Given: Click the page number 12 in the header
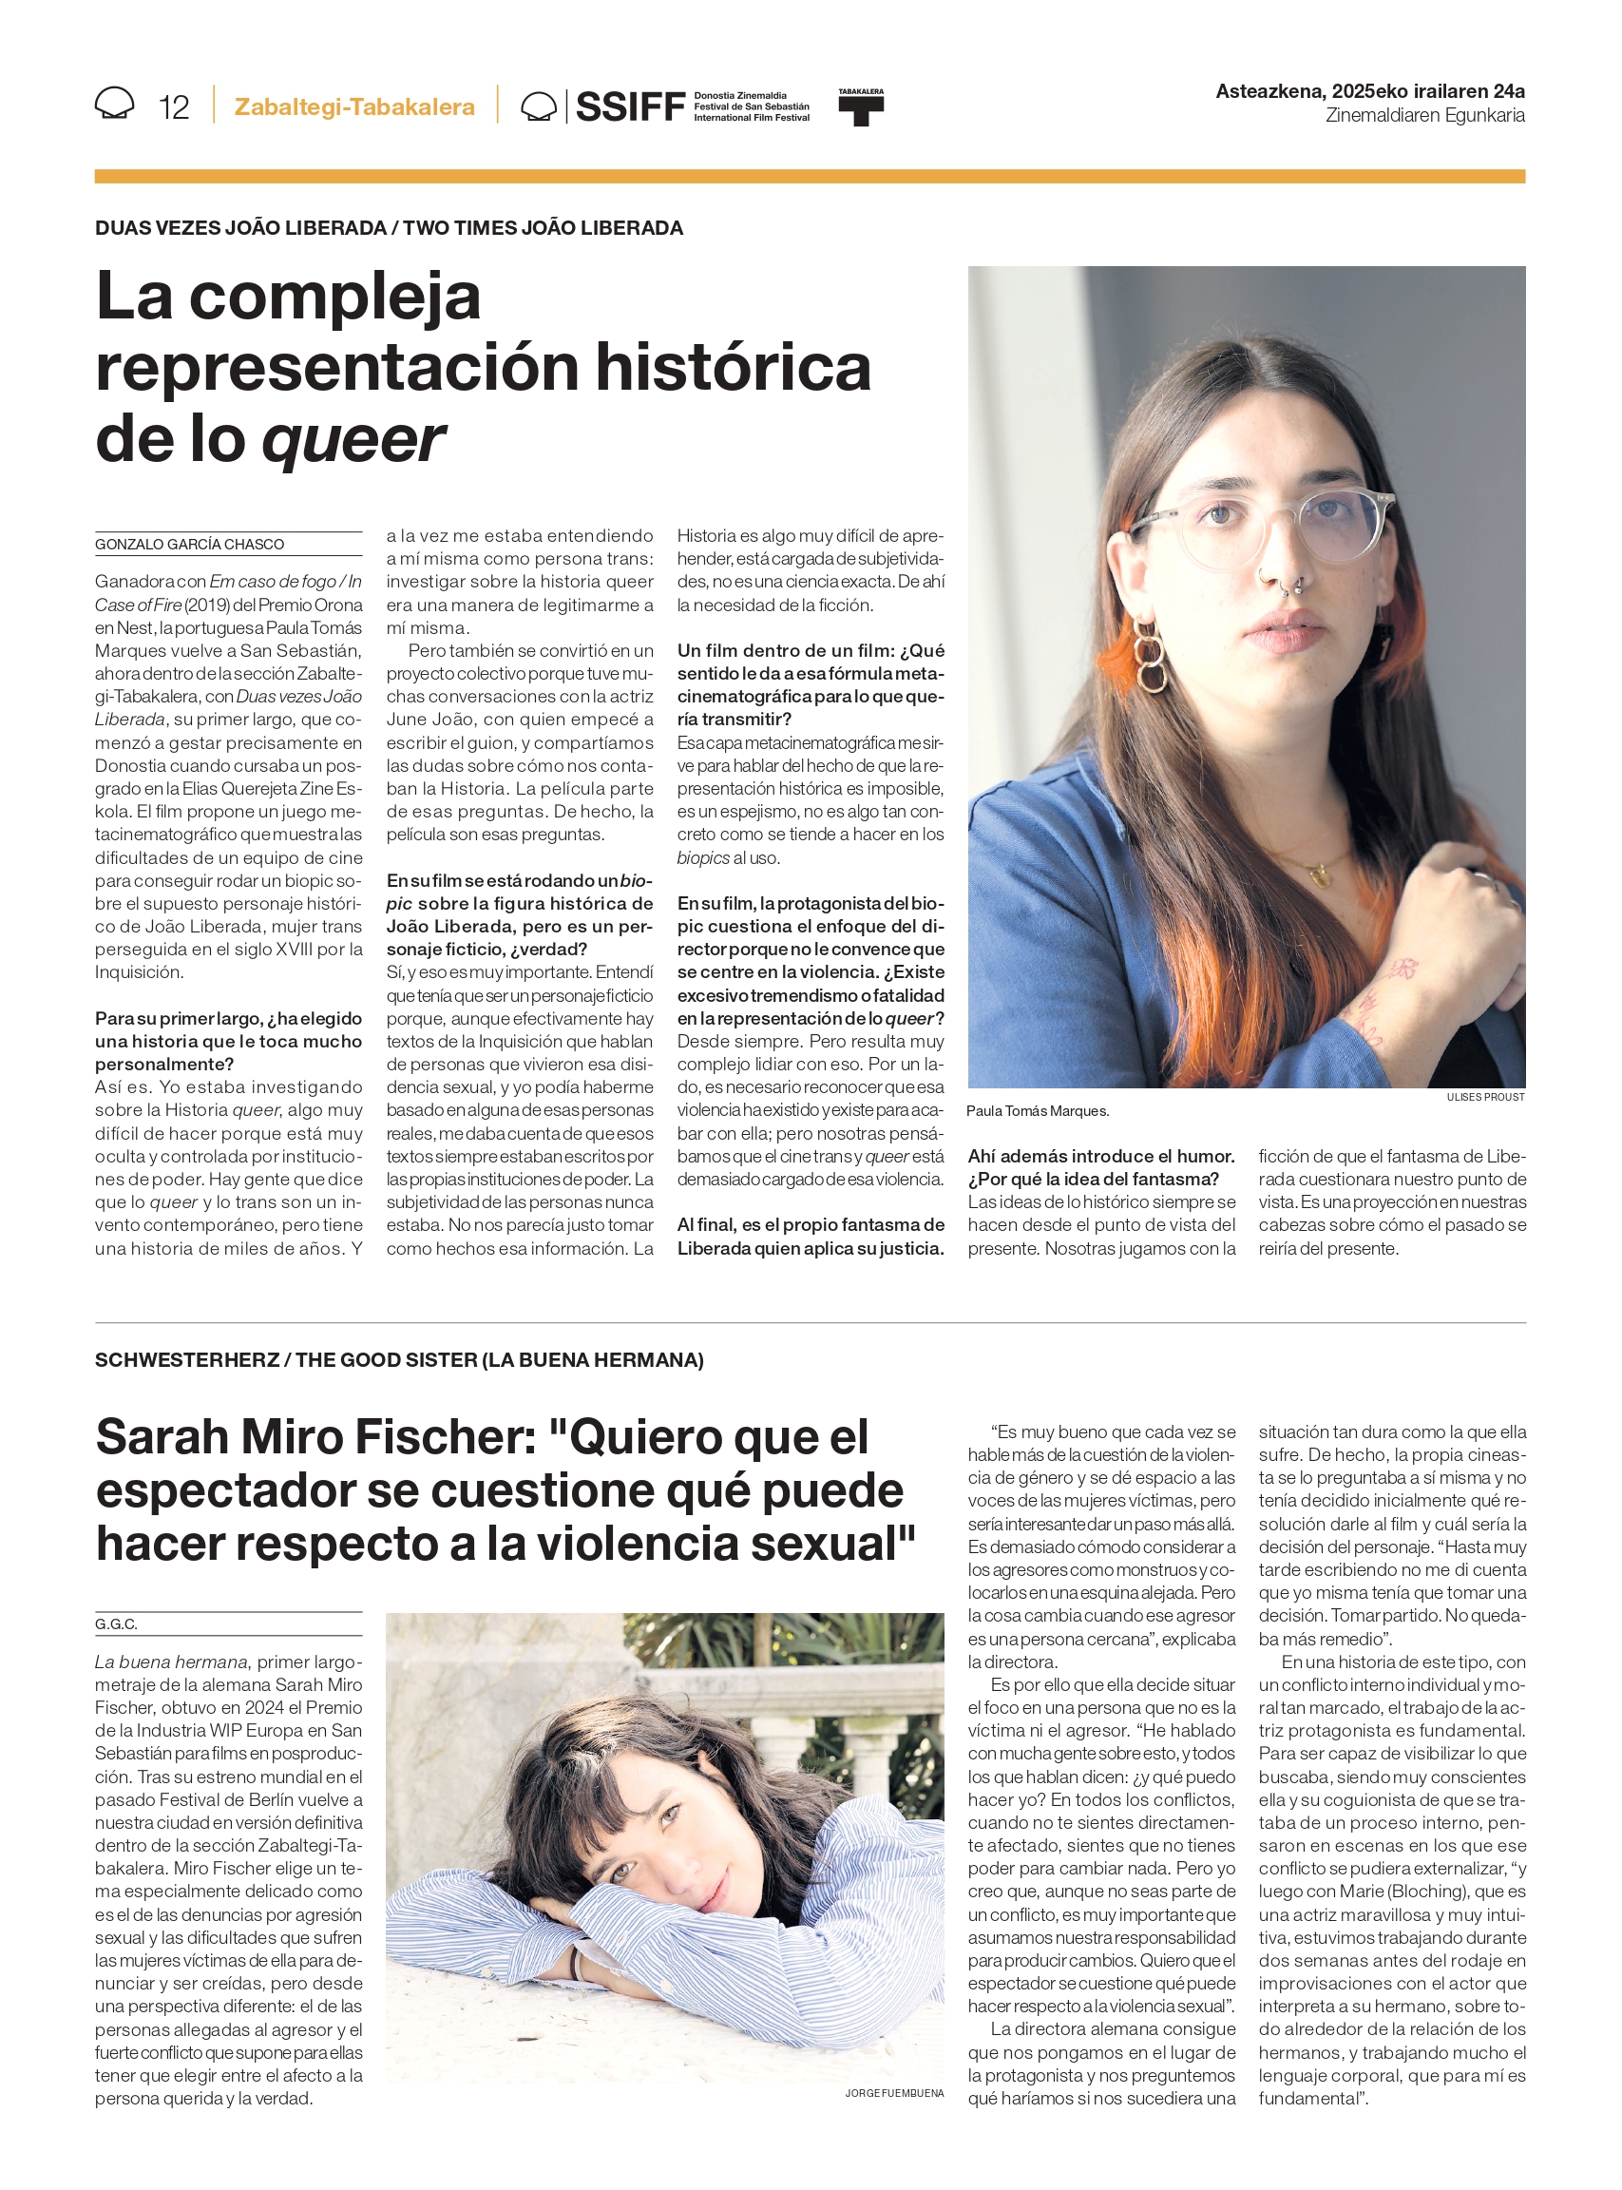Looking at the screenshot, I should [174, 107].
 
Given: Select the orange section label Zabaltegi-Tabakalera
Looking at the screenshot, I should [354, 107].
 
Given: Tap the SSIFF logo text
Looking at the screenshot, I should [629, 106].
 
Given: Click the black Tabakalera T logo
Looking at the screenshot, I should [860, 109].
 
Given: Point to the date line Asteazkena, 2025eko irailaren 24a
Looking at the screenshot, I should [1368, 91].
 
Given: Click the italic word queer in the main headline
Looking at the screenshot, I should [353, 439].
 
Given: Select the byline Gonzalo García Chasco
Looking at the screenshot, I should [189, 544].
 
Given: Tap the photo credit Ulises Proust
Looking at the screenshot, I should [1484, 1097].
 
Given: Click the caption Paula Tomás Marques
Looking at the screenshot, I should [1038, 1111].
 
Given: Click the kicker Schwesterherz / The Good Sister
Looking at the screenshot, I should [399, 1360].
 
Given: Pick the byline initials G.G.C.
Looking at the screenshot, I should [116, 1624].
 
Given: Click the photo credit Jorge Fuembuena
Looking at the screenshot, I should [893, 2094].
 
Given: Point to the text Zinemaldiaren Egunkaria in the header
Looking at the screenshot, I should [1424, 116].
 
